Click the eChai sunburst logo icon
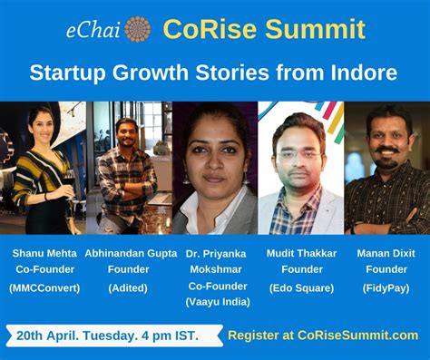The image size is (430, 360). (138, 29)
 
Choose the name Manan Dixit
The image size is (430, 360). (386, 253)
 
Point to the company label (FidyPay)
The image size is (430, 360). (386, 287)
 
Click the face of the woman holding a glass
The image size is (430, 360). (38, 126)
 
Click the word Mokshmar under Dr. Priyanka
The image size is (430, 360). (215, 270)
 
